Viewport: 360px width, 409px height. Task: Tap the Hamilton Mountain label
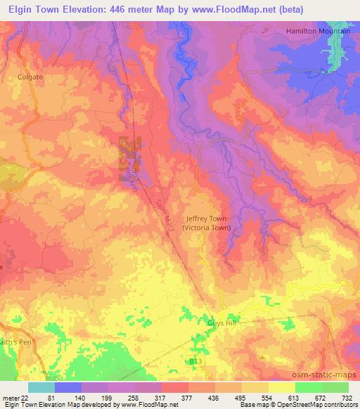318,32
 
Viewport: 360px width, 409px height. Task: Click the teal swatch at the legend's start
41,387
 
